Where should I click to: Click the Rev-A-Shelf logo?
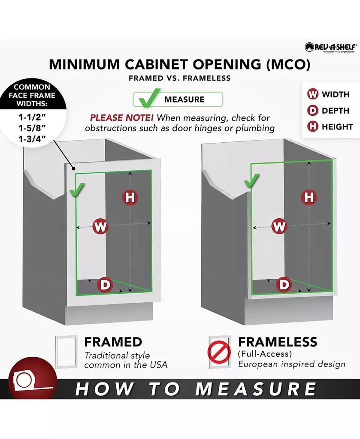point(331,47)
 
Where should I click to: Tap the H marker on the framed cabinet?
point(130,197)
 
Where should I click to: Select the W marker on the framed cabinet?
point(100,226)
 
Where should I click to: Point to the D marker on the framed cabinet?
point(105,285)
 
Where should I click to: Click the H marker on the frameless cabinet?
point(309,197)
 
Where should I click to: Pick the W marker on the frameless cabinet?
point(279,226)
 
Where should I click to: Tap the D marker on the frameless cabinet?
point(284,285)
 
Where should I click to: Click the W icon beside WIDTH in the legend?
point(313,94)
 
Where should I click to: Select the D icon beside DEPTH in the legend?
point(313,110)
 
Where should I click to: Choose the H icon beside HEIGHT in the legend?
point(313,126)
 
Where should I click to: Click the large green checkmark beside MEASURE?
point(150,99)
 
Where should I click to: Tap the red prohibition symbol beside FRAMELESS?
point(219,352)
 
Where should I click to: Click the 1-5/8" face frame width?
point(32,128)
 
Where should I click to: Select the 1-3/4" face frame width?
point(32,139)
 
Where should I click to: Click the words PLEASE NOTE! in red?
point(121,117)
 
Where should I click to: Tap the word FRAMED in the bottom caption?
point(113,342)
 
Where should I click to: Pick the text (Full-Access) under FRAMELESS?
point(265,354)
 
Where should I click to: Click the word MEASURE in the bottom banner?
point(255,389)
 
